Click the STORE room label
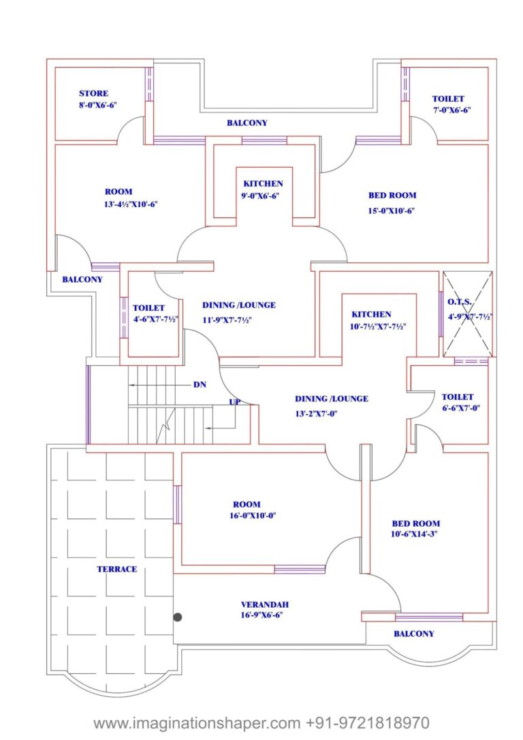pyautogui.click(x=93, y=93)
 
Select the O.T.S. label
pyautogui.click(x=460, y=302)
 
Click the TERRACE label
pyautogui.click(x=116, y=569)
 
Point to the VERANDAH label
pyautogui.click(x=265, y=604)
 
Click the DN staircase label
pyautogui.click(x=200, y=385)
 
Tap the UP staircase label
pyautogui.click(x=234, y=402)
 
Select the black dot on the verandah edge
pyautogui.click(x=178, y=617)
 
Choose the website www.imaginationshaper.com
pyautogui.click(x=197, y=722)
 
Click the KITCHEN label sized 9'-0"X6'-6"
pyautogui.click(x=263, y=183)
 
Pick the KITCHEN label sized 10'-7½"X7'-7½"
pyautogui.click(x=371, y=314)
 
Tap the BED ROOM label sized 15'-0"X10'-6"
pyautogui.click(x=392, y=195)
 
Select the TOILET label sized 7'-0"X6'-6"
pyautogui.click(x=448, y=99)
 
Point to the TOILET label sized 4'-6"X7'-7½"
pyautogui.click(x=148, y=308)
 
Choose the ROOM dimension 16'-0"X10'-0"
pyautogui.click(x=252, y=516)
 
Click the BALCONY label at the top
pyautogui.click(x=247, y=123)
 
